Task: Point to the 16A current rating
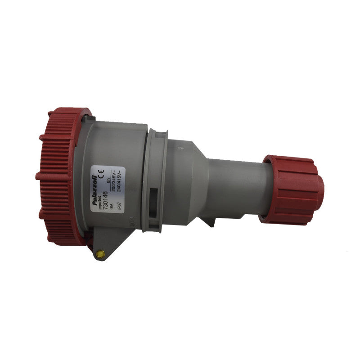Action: tap(112, 209)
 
